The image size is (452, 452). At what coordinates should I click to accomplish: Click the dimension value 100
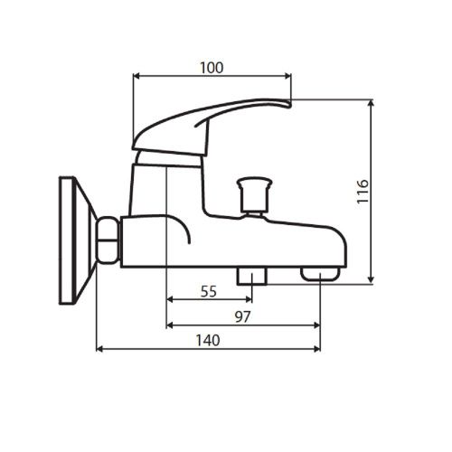pyautogui.click(x=212, y=68)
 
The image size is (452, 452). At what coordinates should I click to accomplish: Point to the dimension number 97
pyautogui.click(x=241, y=316)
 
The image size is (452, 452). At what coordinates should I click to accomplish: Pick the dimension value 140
pyautogui.click(x=208, y=340)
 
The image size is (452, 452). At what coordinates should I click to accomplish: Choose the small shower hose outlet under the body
pyautogui.click(x=250, y=274)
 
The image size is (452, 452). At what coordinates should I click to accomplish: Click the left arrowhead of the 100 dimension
pyautogui.click(x=137, y=76)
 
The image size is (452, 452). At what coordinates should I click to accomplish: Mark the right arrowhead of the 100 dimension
pyautogui.click(x=288, y=76)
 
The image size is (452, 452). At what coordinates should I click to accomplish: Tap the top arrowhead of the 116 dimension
pyautogui.click(x=372, y=104)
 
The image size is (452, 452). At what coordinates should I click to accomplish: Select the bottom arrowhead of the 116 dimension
pyautogui.click(x=372, y=280)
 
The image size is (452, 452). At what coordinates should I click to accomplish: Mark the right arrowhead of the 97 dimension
pyautogui.click(x=318, y=325)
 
